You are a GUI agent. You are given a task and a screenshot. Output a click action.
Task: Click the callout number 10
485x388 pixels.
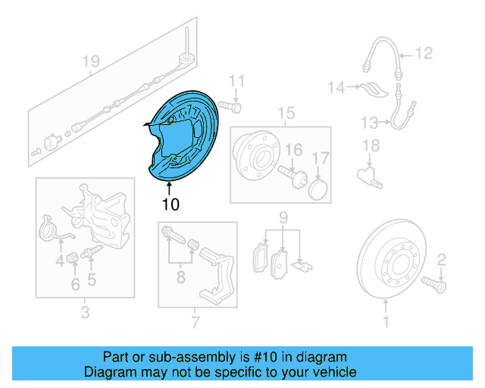pos(170,204)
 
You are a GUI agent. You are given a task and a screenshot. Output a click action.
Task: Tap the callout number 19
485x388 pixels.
pos(91,61)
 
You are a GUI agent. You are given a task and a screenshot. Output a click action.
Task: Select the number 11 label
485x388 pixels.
pos(238,81)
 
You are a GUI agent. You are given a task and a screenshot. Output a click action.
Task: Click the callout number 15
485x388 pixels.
pos(285,114)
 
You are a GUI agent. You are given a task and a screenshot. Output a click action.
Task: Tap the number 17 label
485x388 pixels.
pos(321,158)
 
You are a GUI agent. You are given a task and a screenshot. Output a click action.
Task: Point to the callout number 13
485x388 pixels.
pos(369,122)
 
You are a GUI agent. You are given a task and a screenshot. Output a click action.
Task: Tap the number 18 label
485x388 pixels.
pos(371,145)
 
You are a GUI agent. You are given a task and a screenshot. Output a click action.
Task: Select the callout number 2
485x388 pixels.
pos(442,259)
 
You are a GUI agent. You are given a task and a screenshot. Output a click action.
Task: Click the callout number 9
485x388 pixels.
pos(283,219)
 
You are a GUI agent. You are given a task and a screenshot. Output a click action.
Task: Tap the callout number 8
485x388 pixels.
pos(180,278)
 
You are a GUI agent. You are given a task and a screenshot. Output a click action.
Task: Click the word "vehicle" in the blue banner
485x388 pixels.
pos(331,372)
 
